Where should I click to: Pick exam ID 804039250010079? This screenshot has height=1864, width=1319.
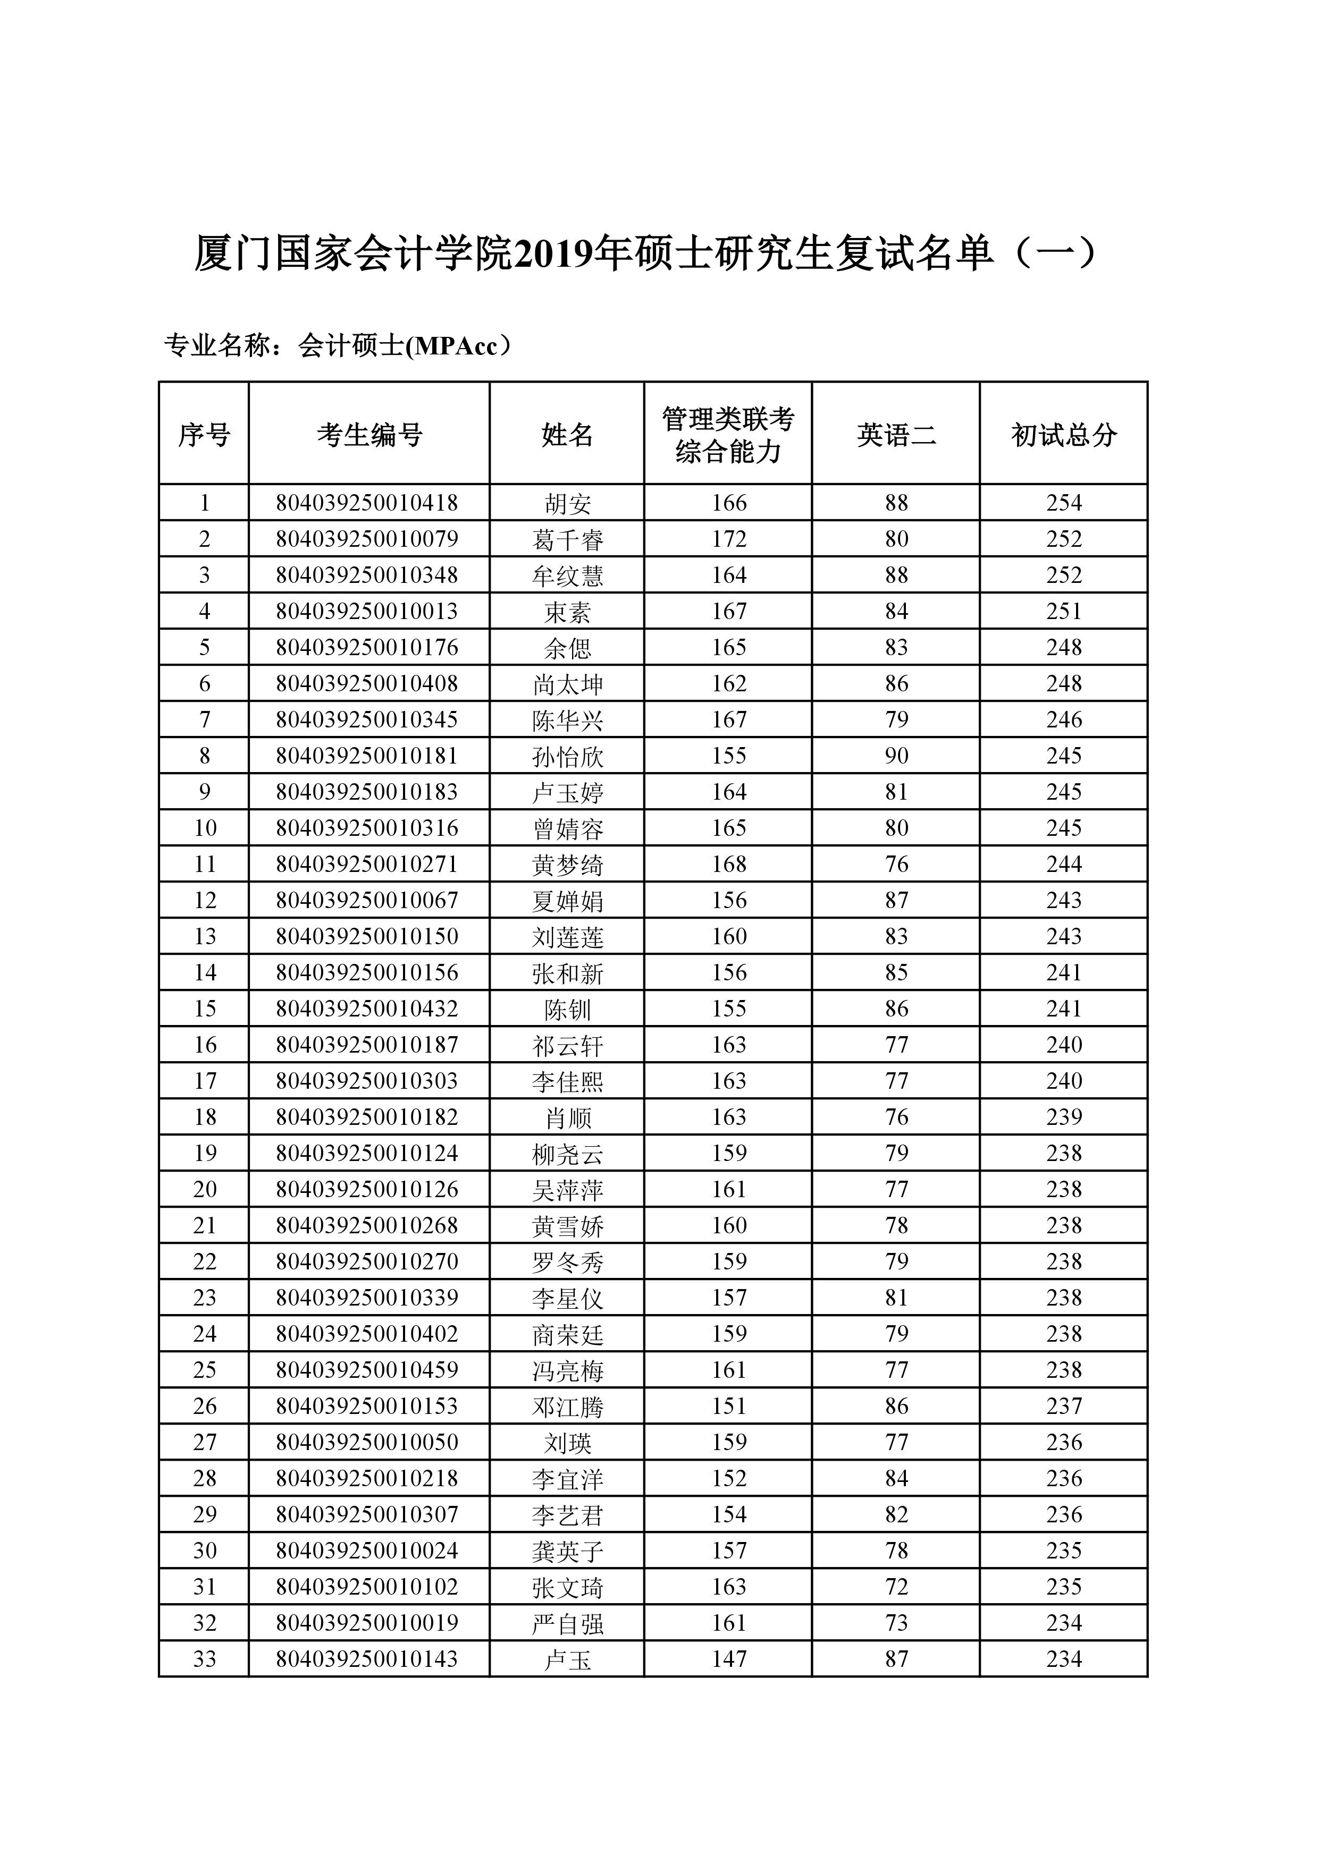tap(367, 539)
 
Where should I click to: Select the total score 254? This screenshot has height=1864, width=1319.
tap(1063, 503)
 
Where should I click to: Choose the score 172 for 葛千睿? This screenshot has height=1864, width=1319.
tap(728, 539)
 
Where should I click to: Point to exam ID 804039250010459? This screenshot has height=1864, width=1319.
tap(367, 1370)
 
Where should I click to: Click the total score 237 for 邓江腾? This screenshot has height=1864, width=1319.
tap(1063, 1406)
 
